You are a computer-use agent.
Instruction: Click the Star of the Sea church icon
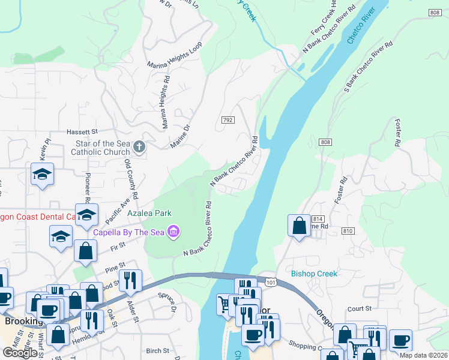(139, 147)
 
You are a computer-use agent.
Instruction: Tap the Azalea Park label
(149, 213)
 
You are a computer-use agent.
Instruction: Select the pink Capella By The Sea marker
(174, 231)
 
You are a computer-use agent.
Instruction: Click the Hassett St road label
(82, 131)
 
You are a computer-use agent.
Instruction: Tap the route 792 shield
(227, 121)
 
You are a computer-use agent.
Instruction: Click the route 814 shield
(318, 219)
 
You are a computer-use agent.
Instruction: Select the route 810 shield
(347, 231)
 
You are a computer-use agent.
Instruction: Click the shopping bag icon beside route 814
(299, 226)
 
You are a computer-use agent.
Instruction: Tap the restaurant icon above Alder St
(130, 280)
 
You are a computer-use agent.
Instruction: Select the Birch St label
(157, 350)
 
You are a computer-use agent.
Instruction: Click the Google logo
(20, 353)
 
